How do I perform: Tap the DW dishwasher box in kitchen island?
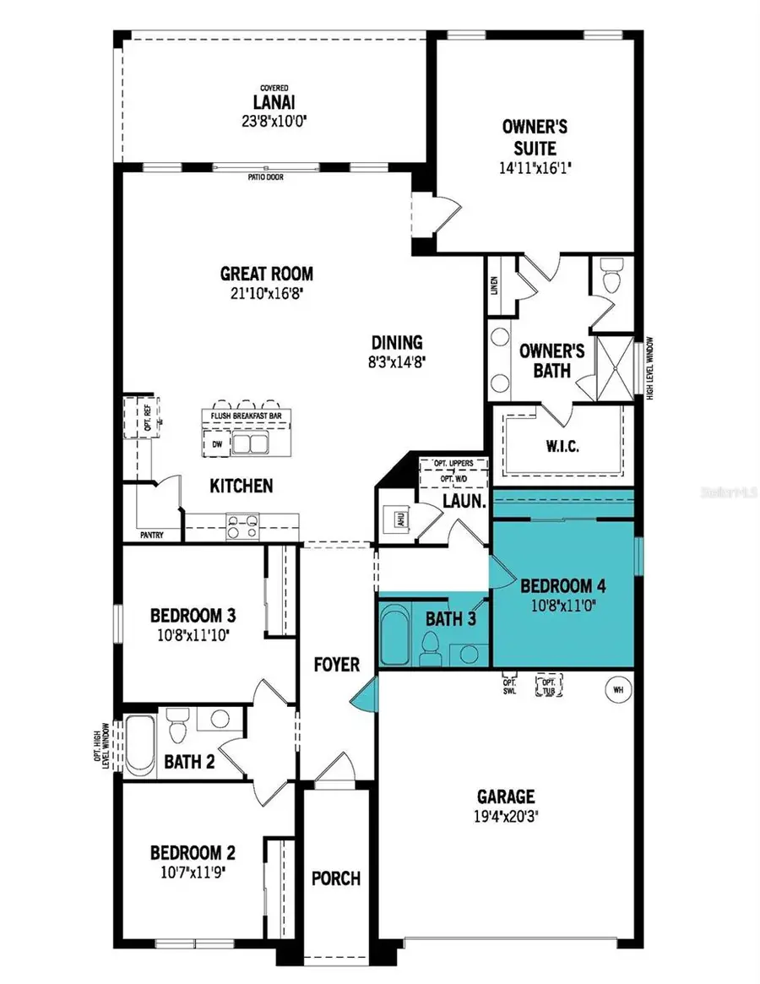[217, 443]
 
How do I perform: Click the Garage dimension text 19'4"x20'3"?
[506, 817]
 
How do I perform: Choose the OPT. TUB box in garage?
[549, 687]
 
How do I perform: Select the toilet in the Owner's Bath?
[612, 275]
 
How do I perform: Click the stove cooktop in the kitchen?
[243, 528]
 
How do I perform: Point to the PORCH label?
[337, 878]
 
